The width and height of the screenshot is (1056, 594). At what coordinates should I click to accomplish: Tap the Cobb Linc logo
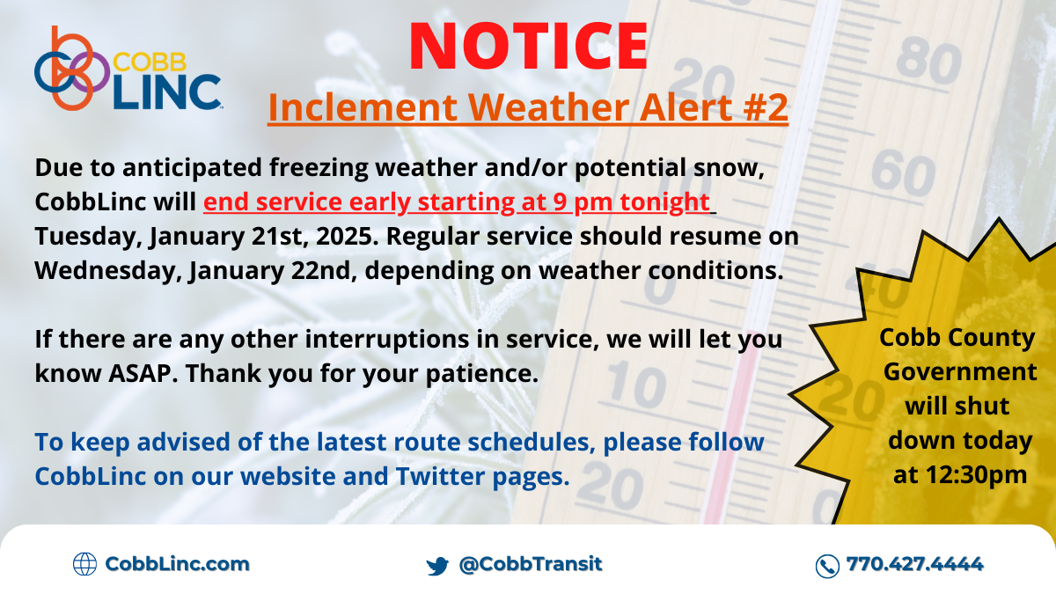[128, 70]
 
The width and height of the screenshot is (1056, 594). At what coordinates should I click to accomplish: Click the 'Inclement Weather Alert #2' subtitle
[528, 108]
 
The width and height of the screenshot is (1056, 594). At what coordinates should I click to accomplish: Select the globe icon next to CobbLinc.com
[84, 564]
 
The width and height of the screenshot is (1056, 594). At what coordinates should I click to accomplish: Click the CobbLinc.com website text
[177, 564]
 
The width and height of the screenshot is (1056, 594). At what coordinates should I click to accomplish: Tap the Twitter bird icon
[437, 565]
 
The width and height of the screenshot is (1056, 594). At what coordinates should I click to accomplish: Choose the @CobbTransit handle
[531, 564]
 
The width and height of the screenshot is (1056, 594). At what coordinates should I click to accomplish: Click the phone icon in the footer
[827, 565]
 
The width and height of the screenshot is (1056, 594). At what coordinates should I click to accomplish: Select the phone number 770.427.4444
[914, 564]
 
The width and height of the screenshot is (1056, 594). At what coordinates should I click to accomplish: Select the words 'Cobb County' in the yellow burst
[958, 338]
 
